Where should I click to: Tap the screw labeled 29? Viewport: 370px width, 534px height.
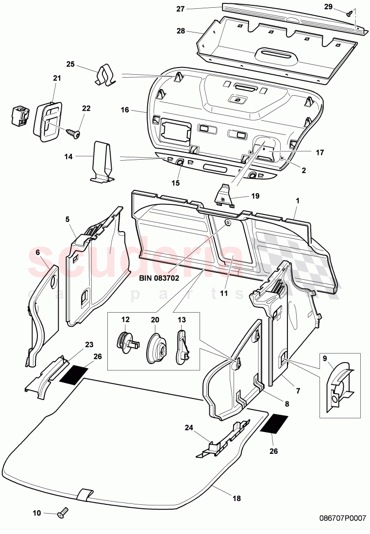tap(349, 14)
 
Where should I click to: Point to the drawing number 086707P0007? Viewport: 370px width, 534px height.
tap(342, 518)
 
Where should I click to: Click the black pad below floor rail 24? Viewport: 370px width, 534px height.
tap(274, 424)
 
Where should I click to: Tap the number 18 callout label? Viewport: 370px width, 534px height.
tap(236, 498)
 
